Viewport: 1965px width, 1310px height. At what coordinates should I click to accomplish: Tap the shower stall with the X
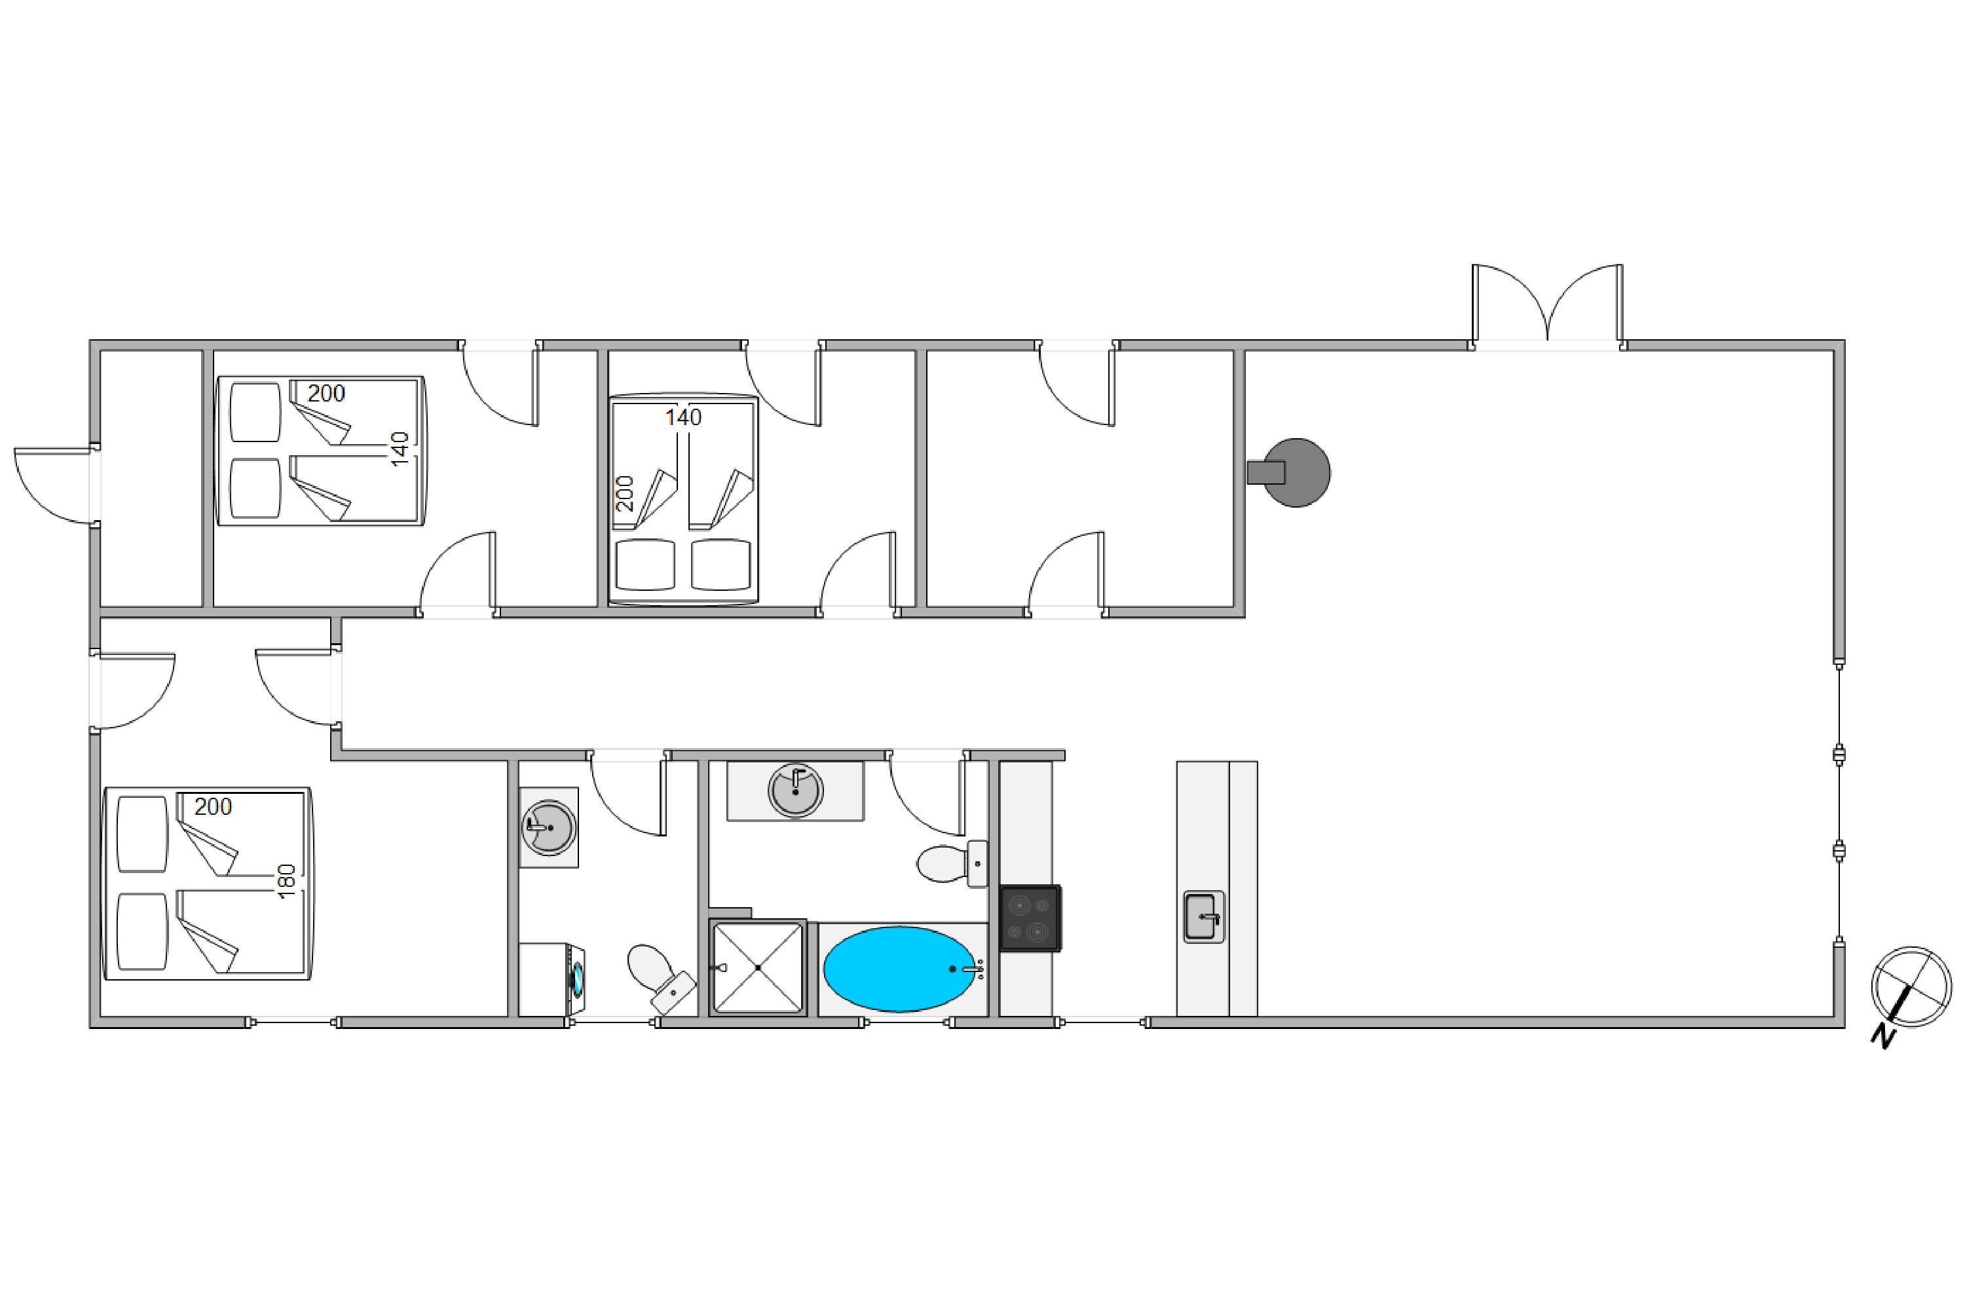point(758,967)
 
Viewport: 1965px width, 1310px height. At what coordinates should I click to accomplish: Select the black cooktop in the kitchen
point(1030,918)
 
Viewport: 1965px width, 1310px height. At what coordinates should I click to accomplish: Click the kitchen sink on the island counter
point(1203,916)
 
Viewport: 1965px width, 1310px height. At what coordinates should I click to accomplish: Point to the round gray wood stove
point(1295,472)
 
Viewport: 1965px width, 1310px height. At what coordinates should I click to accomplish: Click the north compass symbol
point(1911,988)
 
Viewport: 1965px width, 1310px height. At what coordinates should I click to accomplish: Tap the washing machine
point(552,979)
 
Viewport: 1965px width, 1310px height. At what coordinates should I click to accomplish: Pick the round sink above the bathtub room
point(795,789)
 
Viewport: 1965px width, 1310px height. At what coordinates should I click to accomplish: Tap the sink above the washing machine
point(548,827)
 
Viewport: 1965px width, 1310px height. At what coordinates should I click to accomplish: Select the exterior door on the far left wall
point(54,485)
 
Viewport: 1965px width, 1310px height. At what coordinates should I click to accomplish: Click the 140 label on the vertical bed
point(683,417)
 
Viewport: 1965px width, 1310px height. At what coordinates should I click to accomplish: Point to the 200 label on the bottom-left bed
point(213,806)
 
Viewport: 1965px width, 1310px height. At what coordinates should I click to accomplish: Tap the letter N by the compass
point(1882,1036)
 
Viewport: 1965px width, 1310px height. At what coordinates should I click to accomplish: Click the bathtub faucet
point(969,969)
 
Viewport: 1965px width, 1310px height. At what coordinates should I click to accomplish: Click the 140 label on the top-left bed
point(401,449)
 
